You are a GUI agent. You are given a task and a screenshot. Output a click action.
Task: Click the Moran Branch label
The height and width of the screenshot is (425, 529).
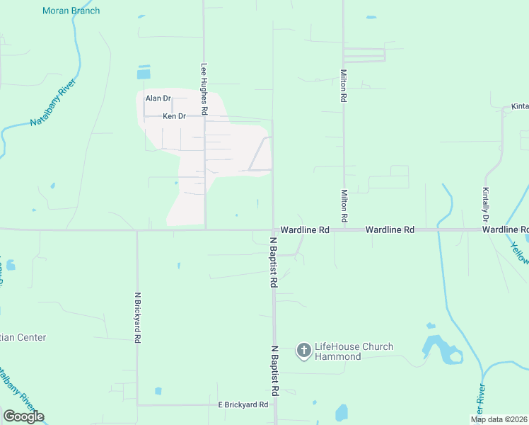coord(71,11)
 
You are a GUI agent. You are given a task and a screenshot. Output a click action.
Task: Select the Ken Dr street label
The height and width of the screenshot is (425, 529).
coord(174,116)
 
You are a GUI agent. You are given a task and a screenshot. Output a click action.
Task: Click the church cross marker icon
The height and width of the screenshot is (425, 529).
coord(304,350)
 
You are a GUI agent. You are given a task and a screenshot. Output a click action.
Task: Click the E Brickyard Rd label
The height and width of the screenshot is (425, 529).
coord(243,404)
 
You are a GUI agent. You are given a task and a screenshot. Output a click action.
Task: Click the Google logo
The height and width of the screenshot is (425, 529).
coord(23,416)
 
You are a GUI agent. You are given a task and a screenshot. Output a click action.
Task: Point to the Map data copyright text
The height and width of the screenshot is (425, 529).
coord(499,419)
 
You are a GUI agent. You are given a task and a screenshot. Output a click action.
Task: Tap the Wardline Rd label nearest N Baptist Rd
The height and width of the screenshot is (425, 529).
coord(305,230)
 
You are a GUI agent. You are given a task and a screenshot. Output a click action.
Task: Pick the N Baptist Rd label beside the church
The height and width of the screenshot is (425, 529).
coord(274,371)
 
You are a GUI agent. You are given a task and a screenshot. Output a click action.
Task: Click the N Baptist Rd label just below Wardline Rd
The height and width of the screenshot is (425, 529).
coord(273,262)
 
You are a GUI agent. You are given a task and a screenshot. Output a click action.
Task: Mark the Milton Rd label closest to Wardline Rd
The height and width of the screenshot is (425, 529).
coord(344,205)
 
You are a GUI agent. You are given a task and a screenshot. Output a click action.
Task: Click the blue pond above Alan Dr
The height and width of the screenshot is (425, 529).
coord(144,72)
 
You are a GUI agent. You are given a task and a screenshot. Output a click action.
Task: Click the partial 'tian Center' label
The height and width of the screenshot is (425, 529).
coord(23,338)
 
